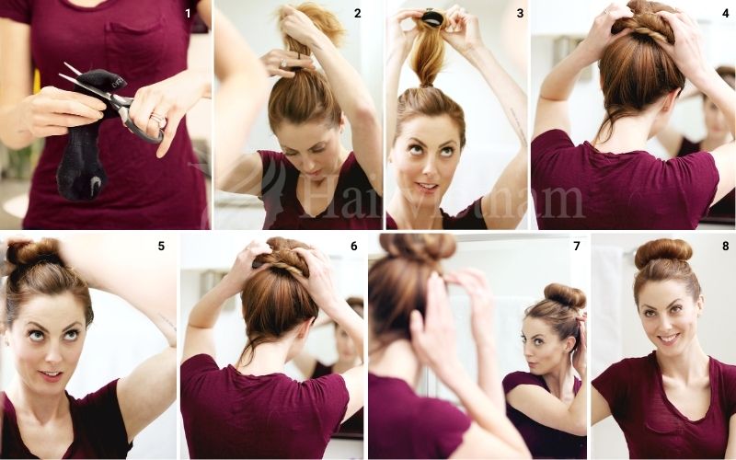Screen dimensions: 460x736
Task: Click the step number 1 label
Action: pyautogui.click(x=189, y=13)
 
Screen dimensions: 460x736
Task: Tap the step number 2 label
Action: pyautogui.click(x=358, y=13)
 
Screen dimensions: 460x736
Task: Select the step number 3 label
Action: pyautogui.click(x=520, y=13)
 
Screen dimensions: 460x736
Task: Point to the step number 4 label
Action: pyautogui.click(x=725, y=13)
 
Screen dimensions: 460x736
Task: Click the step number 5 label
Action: pyautogui.click(x=161, y=246)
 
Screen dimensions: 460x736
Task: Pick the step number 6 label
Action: pyautogui.click(x=353, y=246)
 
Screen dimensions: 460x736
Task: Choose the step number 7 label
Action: pyautogui.click(x=576, y=246)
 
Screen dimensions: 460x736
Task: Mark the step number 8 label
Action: pyautogui.click(x=724, y=246)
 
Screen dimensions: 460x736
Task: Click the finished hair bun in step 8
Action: pyautogui.click(x=663, y=253)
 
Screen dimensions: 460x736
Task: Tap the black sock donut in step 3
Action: pyautogui.click(x=431, y=17)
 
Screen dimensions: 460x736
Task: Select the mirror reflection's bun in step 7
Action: pyautogui.click(x=564, y=295)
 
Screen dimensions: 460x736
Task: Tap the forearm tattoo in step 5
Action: pyautogui.click(x=166, y=321)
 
